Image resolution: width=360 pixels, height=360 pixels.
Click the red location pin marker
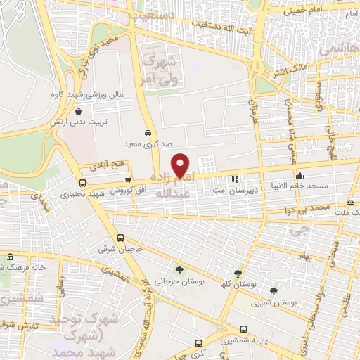pos(181,166)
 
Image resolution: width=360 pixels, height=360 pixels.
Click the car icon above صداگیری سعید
pos(147,133)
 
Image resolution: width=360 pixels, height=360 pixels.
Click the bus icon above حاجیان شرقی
pos(121,238)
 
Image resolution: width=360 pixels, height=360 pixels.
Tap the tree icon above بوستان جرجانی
pos(180,269)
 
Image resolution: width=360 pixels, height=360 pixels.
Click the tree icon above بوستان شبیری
pos(273,290)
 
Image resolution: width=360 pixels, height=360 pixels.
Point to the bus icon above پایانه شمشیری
pos(243,328)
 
